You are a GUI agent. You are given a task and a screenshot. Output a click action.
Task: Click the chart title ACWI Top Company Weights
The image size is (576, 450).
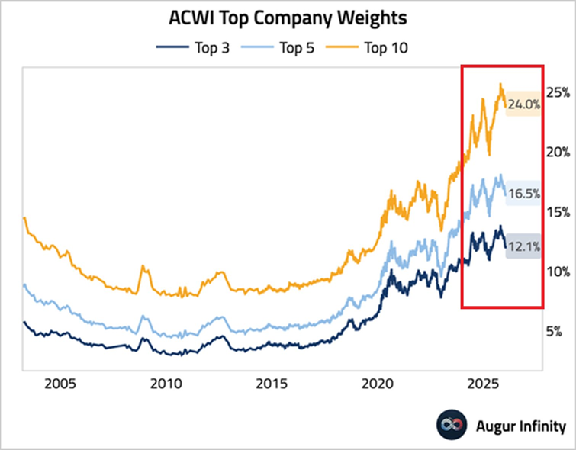(288, 18)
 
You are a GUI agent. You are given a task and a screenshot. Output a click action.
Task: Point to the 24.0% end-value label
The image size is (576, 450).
(524, 104)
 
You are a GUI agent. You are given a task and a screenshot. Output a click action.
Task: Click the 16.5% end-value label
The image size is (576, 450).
(524, 194)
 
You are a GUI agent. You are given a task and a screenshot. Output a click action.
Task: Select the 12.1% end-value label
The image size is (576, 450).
(524, 246)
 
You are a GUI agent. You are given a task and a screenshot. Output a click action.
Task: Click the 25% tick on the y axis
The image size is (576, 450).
(559, 92)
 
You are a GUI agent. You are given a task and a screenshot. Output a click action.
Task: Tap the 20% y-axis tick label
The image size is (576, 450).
(559, 153)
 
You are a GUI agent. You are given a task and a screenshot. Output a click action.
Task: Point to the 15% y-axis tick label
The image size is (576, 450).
(559, 212)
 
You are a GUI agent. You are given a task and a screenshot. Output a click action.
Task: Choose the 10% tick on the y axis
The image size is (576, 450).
(559, 272)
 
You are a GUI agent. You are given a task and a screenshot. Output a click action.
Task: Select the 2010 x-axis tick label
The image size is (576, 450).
(166, 383)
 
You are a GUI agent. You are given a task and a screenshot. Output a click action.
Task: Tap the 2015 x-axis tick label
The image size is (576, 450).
(272, 383)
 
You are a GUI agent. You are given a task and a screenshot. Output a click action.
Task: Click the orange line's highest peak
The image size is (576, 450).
(500, 85)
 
